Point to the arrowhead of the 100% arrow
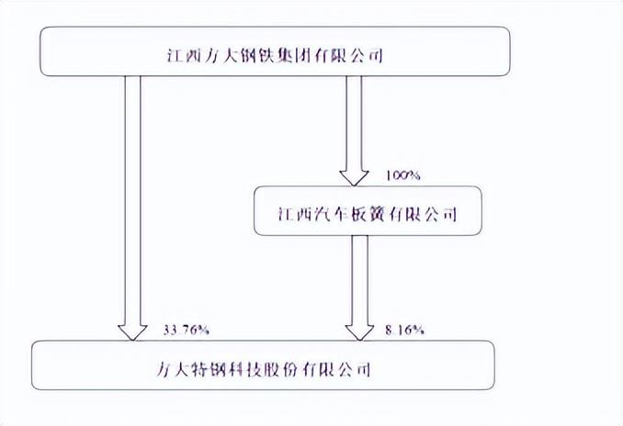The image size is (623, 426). [355, 175]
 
